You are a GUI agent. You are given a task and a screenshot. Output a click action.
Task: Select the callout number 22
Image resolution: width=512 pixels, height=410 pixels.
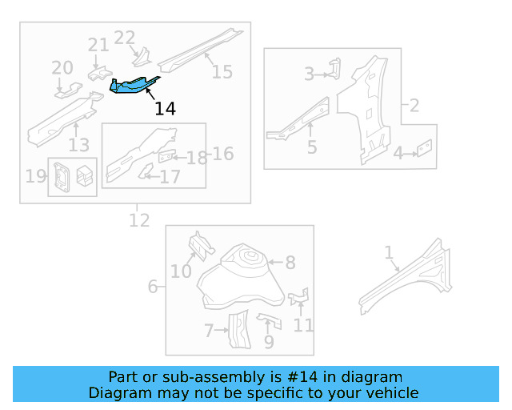click(125, 37)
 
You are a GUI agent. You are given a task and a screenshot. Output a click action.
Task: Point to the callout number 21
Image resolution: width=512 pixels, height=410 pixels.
click(98, 46)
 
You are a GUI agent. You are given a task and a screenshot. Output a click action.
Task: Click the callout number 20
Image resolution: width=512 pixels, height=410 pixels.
click(62, 68)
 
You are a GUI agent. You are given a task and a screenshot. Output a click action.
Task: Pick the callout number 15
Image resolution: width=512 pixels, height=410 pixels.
click(222, 71)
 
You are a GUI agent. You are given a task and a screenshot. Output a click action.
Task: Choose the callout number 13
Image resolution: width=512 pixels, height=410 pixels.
click(78, 144)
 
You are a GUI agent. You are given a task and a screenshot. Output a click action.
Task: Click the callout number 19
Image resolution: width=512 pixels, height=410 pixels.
click(36, 175)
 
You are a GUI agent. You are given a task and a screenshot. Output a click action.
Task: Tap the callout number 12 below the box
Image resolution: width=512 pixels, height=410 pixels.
click(139, 219)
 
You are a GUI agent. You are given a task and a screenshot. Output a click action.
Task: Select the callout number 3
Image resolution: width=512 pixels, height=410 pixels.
click(309, 74)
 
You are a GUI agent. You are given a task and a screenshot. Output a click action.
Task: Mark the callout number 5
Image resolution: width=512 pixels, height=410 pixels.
click(311, 147)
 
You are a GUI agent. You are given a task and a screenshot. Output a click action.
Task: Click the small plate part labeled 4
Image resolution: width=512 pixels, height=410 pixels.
click(425, 148)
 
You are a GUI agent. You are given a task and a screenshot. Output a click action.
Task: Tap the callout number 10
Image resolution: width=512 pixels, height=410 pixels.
click(181, 271)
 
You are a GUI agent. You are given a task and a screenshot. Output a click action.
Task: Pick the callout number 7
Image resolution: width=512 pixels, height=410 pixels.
click(209, 329)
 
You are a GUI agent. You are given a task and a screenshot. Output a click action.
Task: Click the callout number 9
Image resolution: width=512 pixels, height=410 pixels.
click(269, 342)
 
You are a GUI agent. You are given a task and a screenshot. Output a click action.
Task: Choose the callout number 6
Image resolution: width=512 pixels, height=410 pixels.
click(153, 286)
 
